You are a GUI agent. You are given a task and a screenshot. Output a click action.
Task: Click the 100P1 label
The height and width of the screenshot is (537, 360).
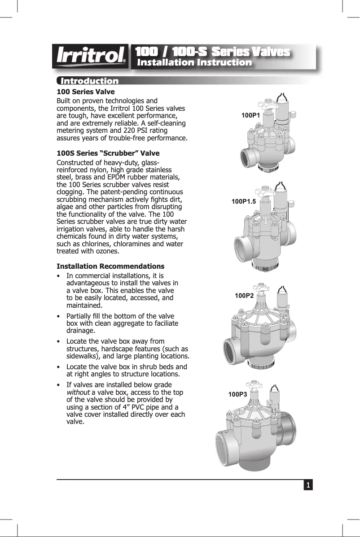click(x=251, y=115)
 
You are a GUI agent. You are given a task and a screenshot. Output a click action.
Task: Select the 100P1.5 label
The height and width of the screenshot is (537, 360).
click(x=243, y=201)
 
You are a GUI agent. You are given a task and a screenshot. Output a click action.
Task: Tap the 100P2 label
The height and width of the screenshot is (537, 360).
click(x=244, y=296)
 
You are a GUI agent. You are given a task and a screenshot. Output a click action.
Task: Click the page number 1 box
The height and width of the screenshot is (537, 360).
click(x=308, y=485)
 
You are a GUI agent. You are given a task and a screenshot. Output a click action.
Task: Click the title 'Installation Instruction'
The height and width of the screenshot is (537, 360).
click(x=194, y=63)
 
